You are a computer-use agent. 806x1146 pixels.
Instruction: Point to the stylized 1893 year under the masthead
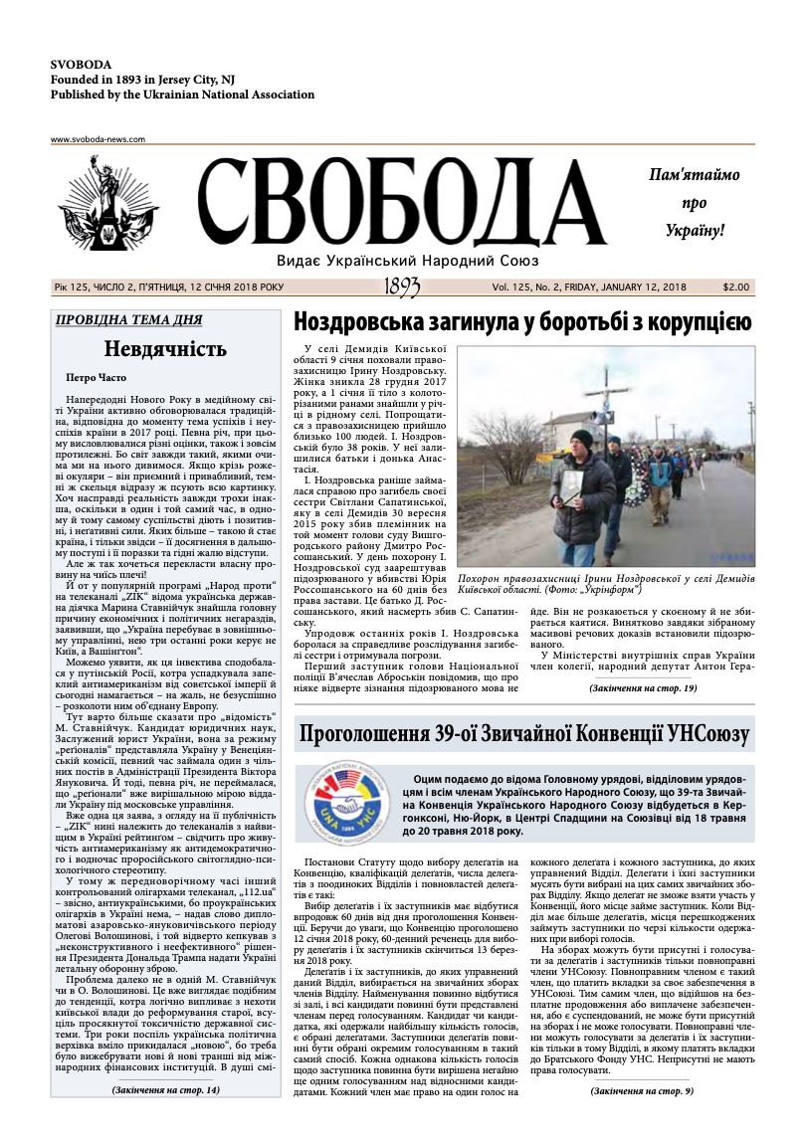coord(402,287)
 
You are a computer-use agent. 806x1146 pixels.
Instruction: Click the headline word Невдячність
coord(165,349)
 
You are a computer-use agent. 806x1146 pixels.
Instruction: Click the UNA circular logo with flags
coord(350,794)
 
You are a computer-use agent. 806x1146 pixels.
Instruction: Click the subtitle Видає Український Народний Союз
coord(408,260)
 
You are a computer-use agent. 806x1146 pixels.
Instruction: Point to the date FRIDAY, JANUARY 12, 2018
coord(625,287)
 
